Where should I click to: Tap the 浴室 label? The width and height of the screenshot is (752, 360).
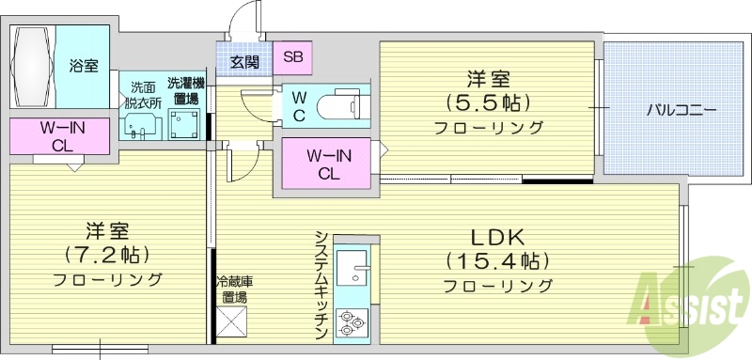[84, 66]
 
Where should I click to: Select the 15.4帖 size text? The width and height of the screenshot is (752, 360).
[497, 260]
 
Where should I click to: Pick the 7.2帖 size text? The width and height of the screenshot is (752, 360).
[107, 254]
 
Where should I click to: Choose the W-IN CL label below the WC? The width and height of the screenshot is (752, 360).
[328, 164]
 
